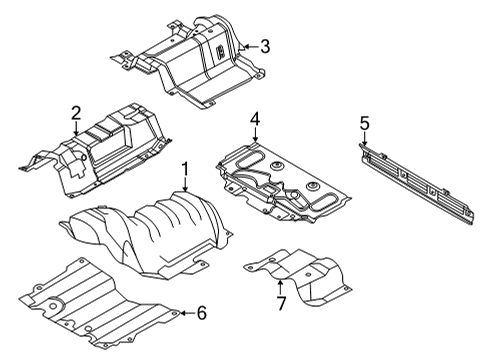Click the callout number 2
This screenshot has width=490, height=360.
point(75,113)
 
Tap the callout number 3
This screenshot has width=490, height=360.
point(264,45)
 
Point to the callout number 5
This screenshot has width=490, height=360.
point(365,123)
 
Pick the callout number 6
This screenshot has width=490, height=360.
point(201,313)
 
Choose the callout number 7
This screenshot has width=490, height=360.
point(281,304)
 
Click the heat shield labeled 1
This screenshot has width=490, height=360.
point(160,230)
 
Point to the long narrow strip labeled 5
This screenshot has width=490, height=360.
point(420,180)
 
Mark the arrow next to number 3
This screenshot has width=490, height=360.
point(250,45)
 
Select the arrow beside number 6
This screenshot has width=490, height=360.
point(186,313)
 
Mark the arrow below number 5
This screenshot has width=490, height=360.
point(365,140)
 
